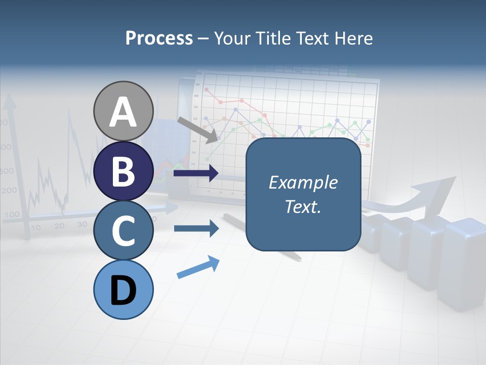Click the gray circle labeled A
click(123, 111)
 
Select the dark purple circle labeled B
click(123, 171)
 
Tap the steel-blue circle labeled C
click(123, 230)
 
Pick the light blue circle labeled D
click(123, 289)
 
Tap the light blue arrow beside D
click(198, 267)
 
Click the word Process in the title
click(159, 38)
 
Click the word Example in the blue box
click(303, 182)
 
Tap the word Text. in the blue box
click(303, 207)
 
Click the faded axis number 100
click(11, 214)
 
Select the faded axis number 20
click(59, 226)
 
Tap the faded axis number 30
click(82, 224)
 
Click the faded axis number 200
click(9, 191)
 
